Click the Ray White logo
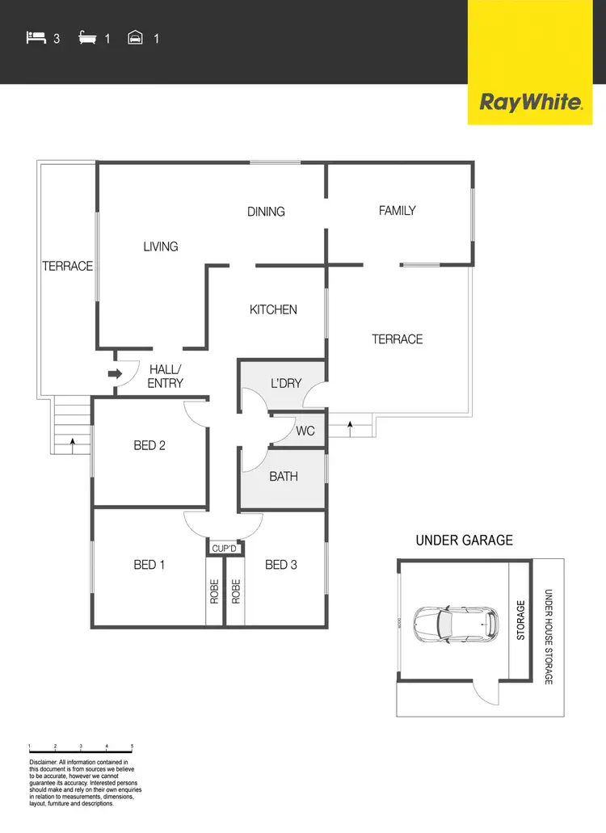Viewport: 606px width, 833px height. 531,103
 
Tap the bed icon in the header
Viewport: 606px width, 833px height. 36,37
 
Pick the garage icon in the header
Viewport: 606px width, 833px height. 136,37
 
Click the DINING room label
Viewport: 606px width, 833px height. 266,212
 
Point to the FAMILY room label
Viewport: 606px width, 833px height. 398,211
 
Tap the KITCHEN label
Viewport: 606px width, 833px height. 273,309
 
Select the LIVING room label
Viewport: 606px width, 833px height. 161,246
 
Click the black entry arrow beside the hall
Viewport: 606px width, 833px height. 115,373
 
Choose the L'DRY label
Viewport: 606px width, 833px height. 286,383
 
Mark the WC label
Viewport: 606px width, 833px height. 305,431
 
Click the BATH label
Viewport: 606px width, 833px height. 284,477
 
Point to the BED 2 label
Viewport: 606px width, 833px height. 149,445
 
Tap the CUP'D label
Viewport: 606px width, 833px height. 224,549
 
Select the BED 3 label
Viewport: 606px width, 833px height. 281,565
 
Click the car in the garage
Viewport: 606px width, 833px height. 452,623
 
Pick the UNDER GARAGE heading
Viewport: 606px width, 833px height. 464,541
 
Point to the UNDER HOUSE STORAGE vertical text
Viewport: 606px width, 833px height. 549,637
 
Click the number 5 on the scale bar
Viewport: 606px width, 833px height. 132,747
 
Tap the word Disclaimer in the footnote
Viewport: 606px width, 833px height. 43,762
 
